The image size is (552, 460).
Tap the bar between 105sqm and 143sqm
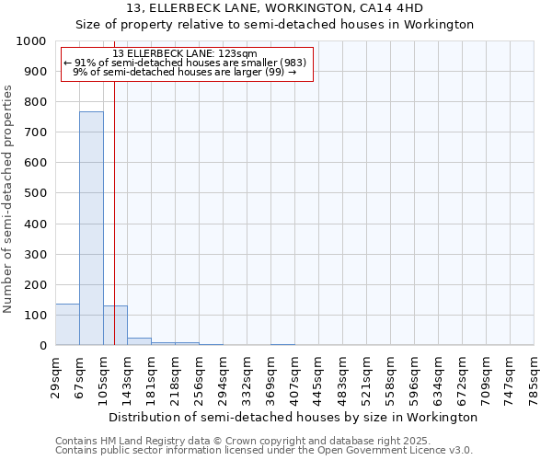pyautogui.click(x=116, y=326)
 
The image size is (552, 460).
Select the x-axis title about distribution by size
pyautogui.click(x=293, y=417)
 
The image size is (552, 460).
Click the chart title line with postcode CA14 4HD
pyautogui.click(x=275, y=8)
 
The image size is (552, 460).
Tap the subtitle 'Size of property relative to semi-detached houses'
pyautogui.click(x=275, y=25)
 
